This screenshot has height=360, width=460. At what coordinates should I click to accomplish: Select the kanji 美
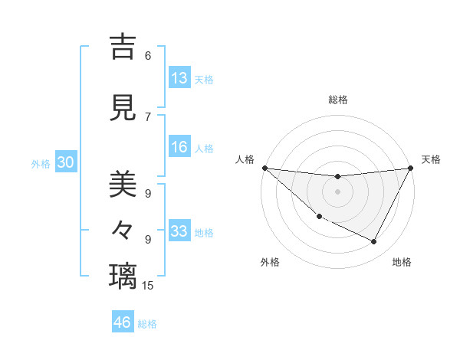(x=123, y=184)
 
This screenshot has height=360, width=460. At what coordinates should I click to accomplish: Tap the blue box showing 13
(x=179, y=78)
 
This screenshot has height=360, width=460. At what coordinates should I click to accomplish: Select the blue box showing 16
(x=179, y=148)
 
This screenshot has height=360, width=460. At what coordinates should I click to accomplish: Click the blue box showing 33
(x=179, y=231)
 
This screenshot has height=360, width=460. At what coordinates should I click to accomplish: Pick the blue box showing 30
(x=65, y=162)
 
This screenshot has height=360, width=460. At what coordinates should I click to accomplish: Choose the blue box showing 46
(x=123, y=322)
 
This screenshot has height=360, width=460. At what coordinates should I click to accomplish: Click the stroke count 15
(x=148, y=286)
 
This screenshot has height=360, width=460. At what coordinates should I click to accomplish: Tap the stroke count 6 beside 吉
(x=148, y=56)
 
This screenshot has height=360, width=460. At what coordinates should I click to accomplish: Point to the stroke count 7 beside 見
(x=148, y=116)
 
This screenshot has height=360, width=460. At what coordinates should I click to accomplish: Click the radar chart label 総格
(x=337, y=100)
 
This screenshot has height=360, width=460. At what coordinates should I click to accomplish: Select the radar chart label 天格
(x=432, y=159)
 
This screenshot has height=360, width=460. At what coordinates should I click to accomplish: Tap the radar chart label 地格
(x=402, y=262)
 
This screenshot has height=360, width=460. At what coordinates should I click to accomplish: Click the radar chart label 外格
(x=270, y=262)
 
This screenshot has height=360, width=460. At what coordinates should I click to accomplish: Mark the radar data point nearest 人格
(x=264, y=168)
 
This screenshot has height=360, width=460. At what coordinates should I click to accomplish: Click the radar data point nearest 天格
(x=410, y=168)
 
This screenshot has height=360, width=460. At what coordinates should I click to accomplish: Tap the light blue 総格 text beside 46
(x=148, y=324)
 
